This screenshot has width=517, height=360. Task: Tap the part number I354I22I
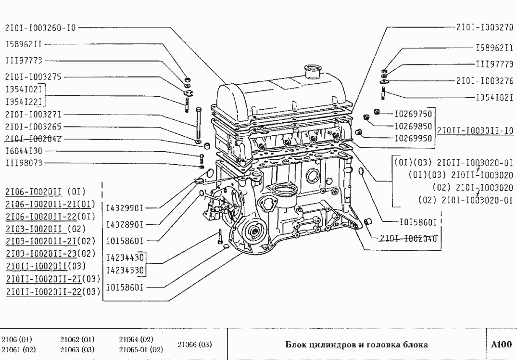(x=24, y=102)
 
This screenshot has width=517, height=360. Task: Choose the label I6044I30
(x=24, y=151)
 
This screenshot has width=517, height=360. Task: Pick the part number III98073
(x=24, y=163)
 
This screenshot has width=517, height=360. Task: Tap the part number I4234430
(x=126, y=257)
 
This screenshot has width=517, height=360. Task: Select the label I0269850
(x=413, y=127)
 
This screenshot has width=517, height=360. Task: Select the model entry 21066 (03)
(x=195, y=345)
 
